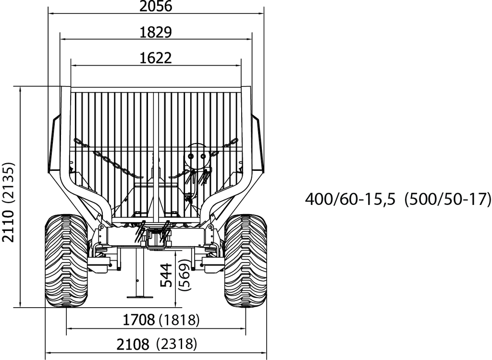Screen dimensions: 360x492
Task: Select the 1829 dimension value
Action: point(155,32)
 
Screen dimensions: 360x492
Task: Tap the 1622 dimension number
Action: point(155,58)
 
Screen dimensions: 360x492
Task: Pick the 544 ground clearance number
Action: point(166,275)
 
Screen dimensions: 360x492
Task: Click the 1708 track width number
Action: point(138,319)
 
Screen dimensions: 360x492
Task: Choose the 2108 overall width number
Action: point(133,344)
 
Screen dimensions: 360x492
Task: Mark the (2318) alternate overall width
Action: point(176,344)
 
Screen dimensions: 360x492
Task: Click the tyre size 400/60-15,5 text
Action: point(350,199)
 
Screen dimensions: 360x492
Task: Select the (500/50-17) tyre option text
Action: point(447,199)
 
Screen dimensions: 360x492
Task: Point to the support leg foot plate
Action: point(140,297)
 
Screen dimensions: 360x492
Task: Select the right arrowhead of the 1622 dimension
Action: point(238,66)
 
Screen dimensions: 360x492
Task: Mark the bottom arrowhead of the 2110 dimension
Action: point(20,304)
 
